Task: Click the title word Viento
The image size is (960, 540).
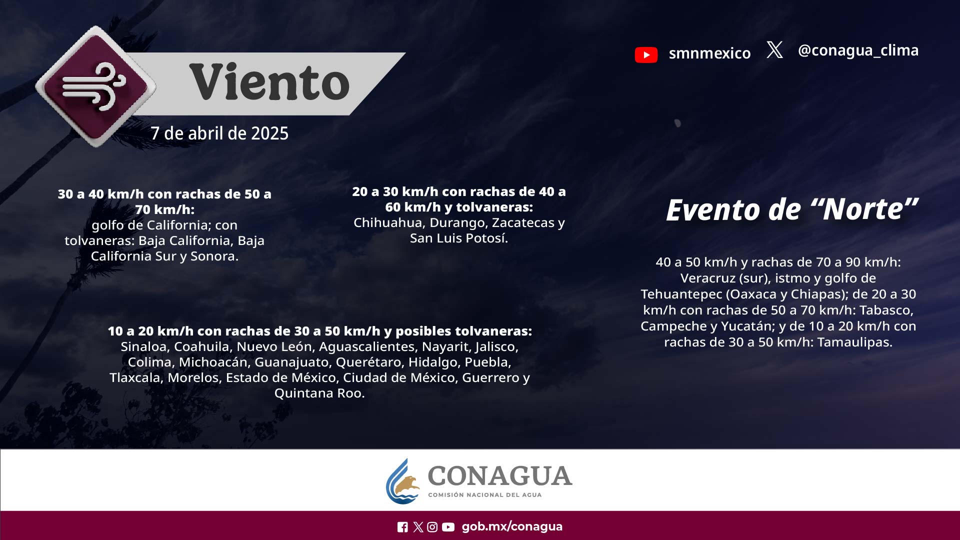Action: (269, 82)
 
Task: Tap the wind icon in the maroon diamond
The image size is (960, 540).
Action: (94, 86)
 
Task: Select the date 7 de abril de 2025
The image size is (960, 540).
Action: (219, 133)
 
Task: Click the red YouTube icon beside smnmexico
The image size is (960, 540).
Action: (646, 54)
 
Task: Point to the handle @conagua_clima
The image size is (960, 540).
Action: (858, 50)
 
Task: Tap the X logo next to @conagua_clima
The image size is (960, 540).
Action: (774, 50)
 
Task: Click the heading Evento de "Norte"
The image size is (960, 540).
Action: (792, 209)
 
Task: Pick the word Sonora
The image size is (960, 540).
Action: (214, 256)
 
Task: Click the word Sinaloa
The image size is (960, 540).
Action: (143, 346)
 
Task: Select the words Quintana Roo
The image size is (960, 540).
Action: (319, 393)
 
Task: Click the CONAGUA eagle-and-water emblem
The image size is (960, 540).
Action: (403, 481)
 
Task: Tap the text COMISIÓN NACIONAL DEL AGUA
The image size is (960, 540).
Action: (484, 495)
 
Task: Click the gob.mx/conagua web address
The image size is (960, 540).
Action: (512, 526)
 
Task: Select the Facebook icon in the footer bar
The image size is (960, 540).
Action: (402, 527)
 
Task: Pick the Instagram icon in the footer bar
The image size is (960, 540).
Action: (432, 527)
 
